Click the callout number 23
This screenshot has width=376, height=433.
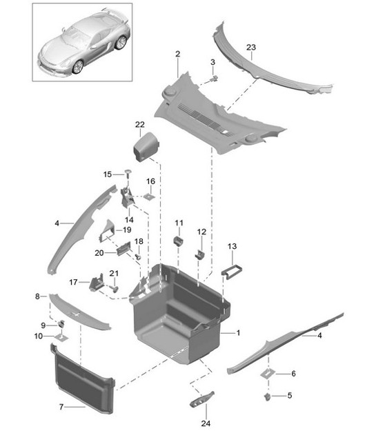click(251, 48)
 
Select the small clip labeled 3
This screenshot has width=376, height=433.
click(213, 79)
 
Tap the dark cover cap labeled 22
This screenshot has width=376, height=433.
click(146, 147)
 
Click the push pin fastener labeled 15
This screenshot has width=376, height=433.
click(128, 174)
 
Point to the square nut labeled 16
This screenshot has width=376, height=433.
click(149, 197)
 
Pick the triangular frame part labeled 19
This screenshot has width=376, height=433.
click(107, 230)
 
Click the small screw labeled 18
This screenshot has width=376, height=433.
click(138, 256)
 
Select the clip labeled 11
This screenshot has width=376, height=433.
click(179, 241)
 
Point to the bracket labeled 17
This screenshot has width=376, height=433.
click(97, 282)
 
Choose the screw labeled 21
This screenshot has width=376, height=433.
click(114, 289)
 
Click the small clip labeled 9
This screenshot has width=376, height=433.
click(61, 323)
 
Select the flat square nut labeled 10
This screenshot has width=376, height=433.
click(61, 337)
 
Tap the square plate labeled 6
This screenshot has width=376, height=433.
click(268, 374)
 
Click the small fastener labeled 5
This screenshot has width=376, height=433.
click(267, 397)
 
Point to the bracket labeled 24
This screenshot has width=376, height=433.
click(201, 399)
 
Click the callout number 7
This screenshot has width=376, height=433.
click(61, 407)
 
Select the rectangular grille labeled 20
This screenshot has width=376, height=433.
click(123, 248)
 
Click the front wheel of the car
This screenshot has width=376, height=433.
click(78, 67)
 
